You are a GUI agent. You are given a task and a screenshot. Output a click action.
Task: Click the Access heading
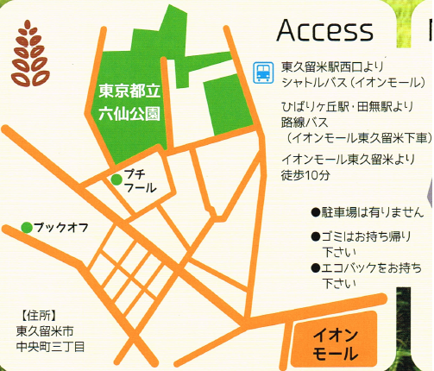325,30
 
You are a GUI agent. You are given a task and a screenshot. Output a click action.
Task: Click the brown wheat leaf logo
31,52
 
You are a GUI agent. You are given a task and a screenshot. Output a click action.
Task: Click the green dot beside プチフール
115,179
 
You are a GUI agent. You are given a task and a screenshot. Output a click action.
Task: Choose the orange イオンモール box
333,343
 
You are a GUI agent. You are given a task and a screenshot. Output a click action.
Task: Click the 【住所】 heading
38,314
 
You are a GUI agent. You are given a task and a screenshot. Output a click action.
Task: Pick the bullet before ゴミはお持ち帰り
316,236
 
